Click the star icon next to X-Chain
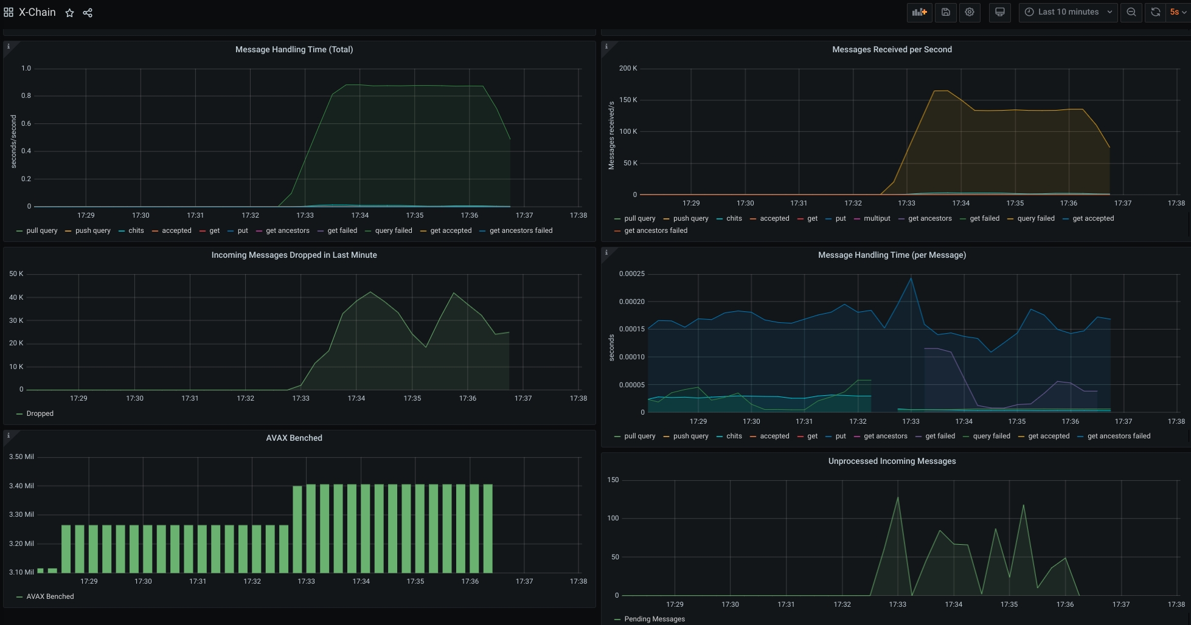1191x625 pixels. click(70, 13)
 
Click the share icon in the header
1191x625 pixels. click(88, 13)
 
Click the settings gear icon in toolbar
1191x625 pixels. click(970, 12)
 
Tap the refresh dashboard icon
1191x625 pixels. click(1155, 12)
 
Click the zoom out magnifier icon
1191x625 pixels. click(1131, 12)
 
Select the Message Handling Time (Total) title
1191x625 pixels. click(294, 50)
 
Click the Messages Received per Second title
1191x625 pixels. click(892, 50)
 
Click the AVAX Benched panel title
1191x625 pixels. click(294, 438)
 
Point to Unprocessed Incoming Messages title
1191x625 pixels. click(892, 461)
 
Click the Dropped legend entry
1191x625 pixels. click(40, 413)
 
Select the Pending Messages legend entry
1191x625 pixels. click(654, 619)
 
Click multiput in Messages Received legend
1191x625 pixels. click(877, 219)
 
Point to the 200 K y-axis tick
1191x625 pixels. click(628, 68)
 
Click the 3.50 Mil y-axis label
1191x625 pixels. click(21, 457)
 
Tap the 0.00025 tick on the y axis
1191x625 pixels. click(631, 274)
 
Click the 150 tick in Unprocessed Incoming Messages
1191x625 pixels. click(613, 480)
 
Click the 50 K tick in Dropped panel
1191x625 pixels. click(16, 274)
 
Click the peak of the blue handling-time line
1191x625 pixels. click(911, 278)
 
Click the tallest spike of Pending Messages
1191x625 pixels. click(898, 498)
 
